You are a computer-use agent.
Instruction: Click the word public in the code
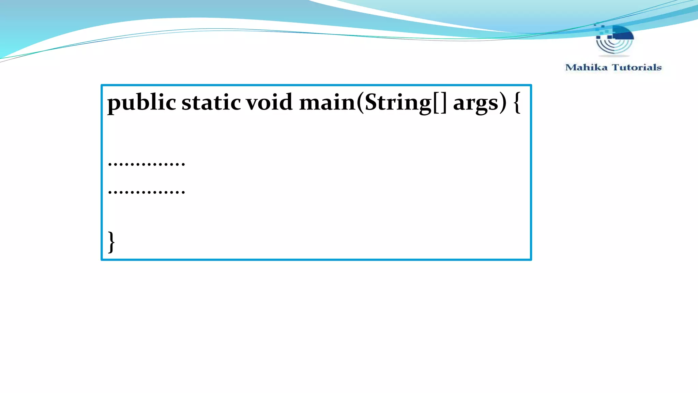(x=141, y=102)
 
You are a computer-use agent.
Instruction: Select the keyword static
(x=211, y=102)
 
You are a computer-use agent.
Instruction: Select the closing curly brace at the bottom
(x=111, y=242)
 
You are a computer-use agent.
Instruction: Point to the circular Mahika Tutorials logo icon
(x=614, y=40)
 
